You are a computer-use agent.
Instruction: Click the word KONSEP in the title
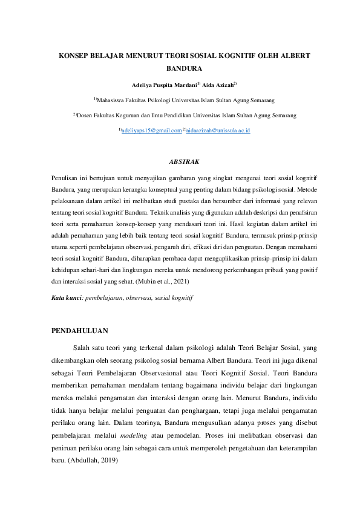74,56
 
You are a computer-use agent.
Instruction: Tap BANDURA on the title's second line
180,69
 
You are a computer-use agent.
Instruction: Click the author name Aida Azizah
217,85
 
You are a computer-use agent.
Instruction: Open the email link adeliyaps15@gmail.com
151,131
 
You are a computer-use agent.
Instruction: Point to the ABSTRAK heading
180,161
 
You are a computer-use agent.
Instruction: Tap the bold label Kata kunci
65,298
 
